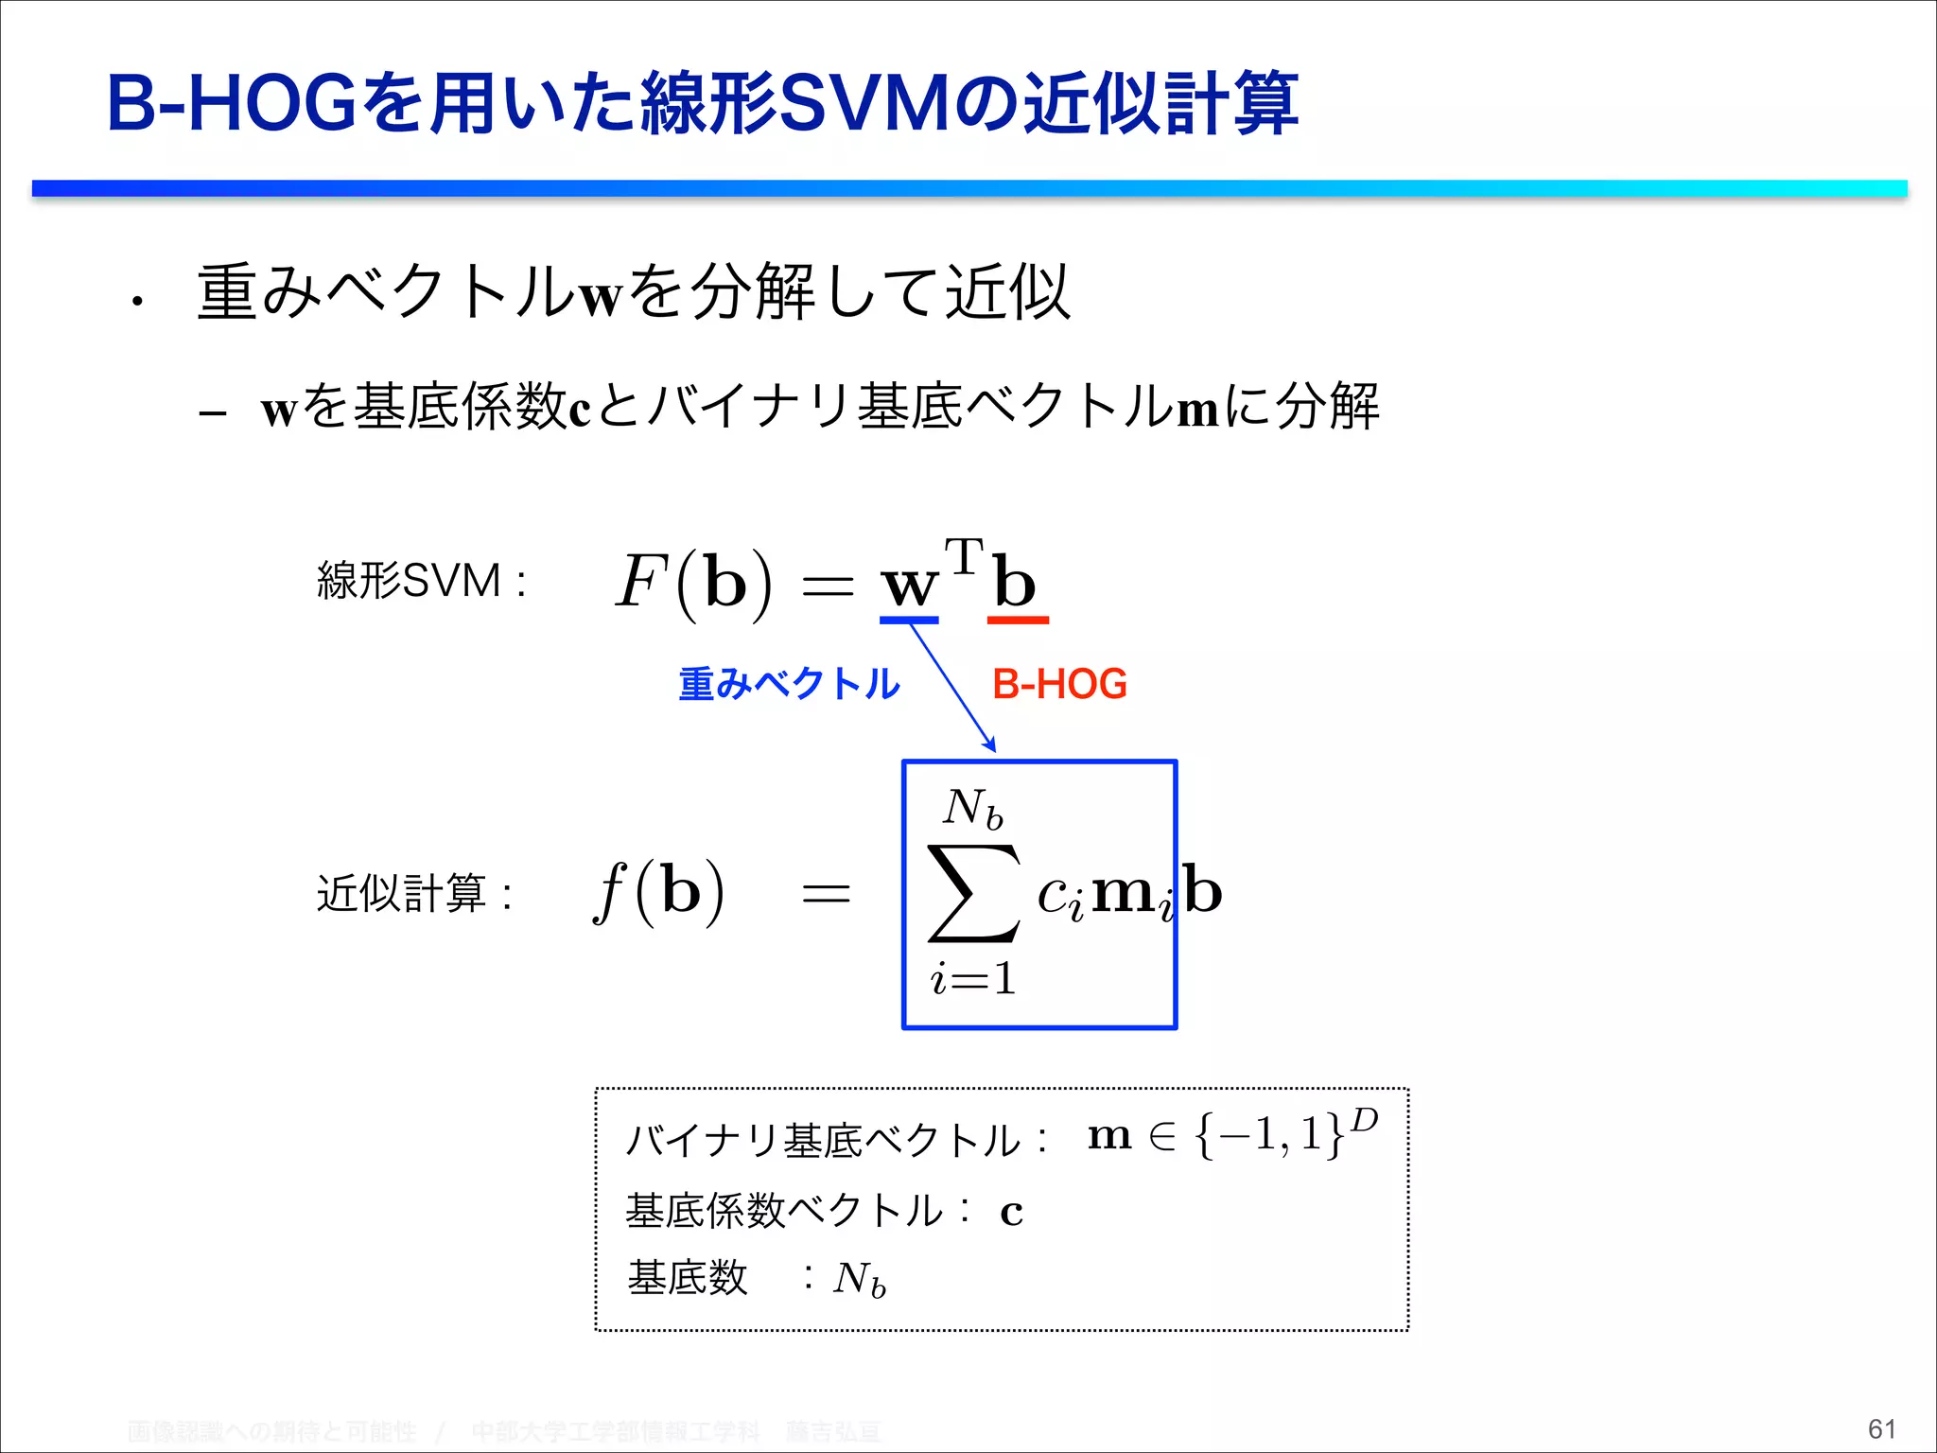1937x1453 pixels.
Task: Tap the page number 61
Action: (1881, 1428)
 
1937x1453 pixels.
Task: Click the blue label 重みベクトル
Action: (789, 684)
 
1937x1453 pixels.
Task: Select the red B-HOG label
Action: (1059, 684)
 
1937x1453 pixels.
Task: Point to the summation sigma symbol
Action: (974, 893)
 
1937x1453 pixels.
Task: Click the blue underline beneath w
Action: (908, 621)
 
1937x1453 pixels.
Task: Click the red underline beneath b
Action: (1018, 621)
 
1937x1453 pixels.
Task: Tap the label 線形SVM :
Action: (421, 580)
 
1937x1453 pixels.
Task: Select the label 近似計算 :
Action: (414, 893)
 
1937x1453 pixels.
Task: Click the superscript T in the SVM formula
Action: (964, 556)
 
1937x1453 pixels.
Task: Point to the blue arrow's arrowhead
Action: (990, 745)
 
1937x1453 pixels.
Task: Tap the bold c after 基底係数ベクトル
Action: (1011, 1212)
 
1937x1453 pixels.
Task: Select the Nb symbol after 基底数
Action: (859, 1280)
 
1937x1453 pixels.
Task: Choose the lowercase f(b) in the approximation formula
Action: (659, 891)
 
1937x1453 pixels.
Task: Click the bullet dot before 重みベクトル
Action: (138, 302)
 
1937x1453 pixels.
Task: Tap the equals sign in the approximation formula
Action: (826, 893)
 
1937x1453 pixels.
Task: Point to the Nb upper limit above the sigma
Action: (972, 809)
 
